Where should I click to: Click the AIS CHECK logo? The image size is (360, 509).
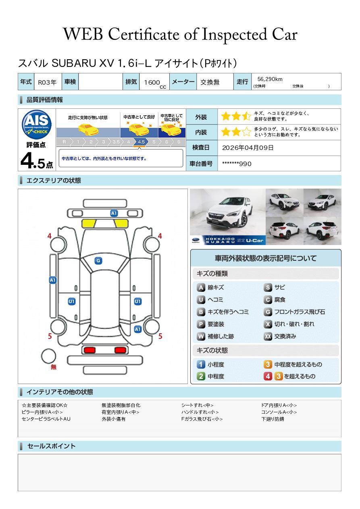37,125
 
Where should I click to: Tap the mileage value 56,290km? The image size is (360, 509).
270,79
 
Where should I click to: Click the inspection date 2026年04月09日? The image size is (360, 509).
248,148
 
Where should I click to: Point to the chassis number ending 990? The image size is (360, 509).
237,164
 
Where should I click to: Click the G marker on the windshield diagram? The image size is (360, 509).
98,261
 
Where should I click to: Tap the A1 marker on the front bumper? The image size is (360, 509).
114,213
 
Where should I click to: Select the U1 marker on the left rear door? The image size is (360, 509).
72,301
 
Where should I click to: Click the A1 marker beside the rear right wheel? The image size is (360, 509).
138,329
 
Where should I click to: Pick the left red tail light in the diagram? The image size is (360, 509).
89,350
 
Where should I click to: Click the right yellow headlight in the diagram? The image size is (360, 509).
121,224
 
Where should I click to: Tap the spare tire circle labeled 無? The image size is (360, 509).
48,356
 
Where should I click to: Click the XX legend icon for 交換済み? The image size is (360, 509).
268,336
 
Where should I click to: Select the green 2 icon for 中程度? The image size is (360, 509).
201,376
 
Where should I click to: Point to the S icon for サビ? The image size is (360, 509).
268,287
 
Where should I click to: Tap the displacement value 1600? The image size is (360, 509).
152,82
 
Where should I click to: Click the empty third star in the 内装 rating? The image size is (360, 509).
246,132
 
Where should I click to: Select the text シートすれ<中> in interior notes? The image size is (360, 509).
197,405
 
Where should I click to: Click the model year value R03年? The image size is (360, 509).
47,82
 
